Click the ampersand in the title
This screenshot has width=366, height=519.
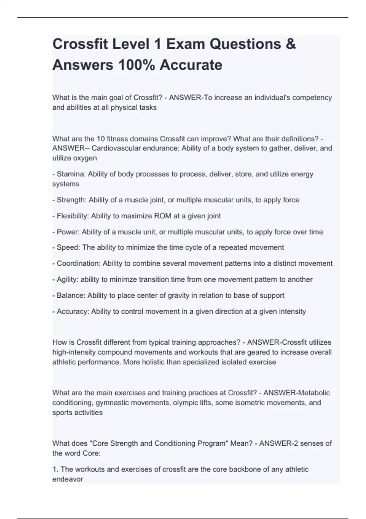[x=291, y=44]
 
